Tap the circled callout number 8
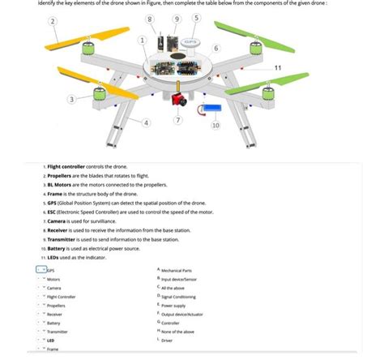click(x=149, y=19)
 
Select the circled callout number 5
click(x=196, y=19)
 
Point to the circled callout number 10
click(x=215, y=126)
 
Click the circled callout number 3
click(x=71, y=99)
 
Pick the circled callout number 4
click(x=146, y=122)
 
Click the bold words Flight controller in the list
click(x=71, y=165)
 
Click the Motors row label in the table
click(x=53, y=278)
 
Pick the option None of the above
click(x=178, y=331)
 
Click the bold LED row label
click(x=50, y=341)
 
